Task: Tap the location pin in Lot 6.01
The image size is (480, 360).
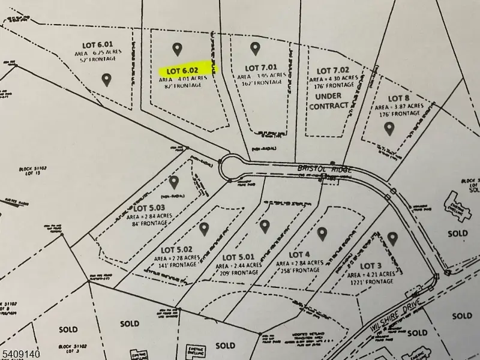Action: tap(106, 79)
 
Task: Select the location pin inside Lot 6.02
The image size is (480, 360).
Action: tap(176, 48)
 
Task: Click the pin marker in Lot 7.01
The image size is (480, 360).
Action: tap(255, 48)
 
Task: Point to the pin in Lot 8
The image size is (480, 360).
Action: tap(389, 127)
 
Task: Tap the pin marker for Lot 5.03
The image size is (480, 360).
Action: tap(175, 182)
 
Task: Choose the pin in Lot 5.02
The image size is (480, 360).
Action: tap(204, 229)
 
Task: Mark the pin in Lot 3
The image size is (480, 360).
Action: tap(393, 238)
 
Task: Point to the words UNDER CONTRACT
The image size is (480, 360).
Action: tap(328, 100)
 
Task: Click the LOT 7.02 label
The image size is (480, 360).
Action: tap(332, 71)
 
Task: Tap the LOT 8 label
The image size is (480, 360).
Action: tap(398, 98)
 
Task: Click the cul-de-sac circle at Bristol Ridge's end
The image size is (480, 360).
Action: tap(231, 167)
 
